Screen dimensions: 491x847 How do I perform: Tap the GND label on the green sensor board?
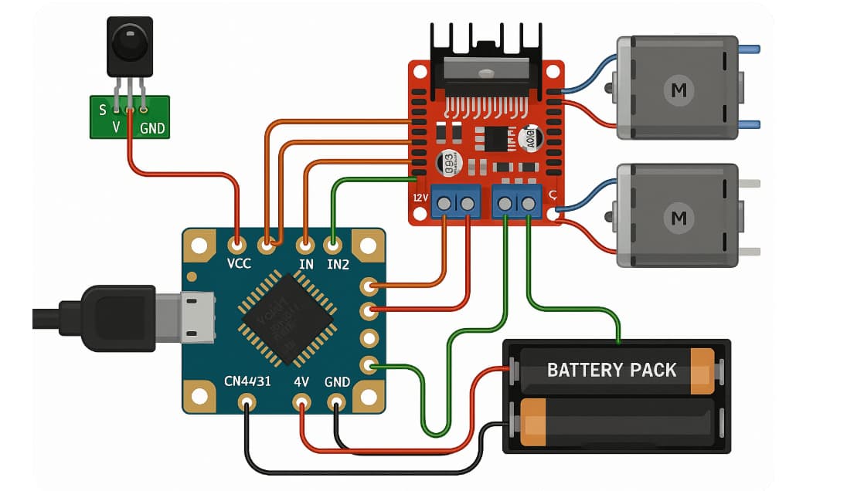tap(152, 128)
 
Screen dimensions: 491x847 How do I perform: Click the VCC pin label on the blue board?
tap(239, 264)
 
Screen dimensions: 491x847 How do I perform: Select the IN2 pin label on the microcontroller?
tap(337, 264)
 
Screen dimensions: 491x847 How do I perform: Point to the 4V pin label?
tap(301, 382)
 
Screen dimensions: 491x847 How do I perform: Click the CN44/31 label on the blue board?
tap(247, 382)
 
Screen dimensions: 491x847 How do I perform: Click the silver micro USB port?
tap(197, 317)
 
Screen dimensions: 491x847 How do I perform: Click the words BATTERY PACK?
tap(611, 370)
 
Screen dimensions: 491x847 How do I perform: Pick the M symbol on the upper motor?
tap(679, 90)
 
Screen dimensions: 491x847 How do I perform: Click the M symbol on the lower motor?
tap(679, 217)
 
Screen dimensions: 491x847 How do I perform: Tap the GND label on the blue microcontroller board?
tap(337, 382)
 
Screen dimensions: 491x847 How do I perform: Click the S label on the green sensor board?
tap(103, 110)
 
